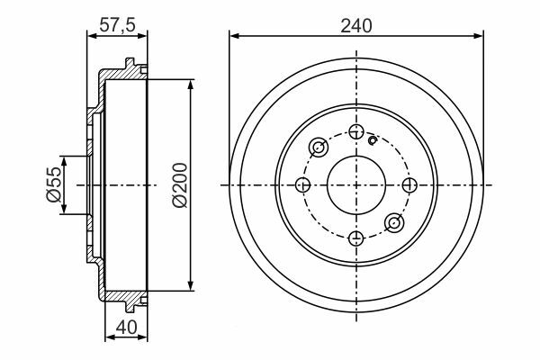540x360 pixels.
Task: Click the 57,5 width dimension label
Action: (117, 25)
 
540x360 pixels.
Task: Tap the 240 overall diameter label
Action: (356, 26)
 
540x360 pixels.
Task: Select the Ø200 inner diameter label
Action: (180, 185)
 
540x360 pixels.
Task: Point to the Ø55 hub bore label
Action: (54, 184)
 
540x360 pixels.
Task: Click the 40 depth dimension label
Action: (126, 328)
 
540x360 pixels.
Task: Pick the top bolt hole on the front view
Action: (356, 131)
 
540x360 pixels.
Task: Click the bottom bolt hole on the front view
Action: (356, 238)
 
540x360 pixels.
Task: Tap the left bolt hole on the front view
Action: (302, 185)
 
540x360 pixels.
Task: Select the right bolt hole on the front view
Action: (409, 185)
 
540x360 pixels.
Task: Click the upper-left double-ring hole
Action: (319, 147)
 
